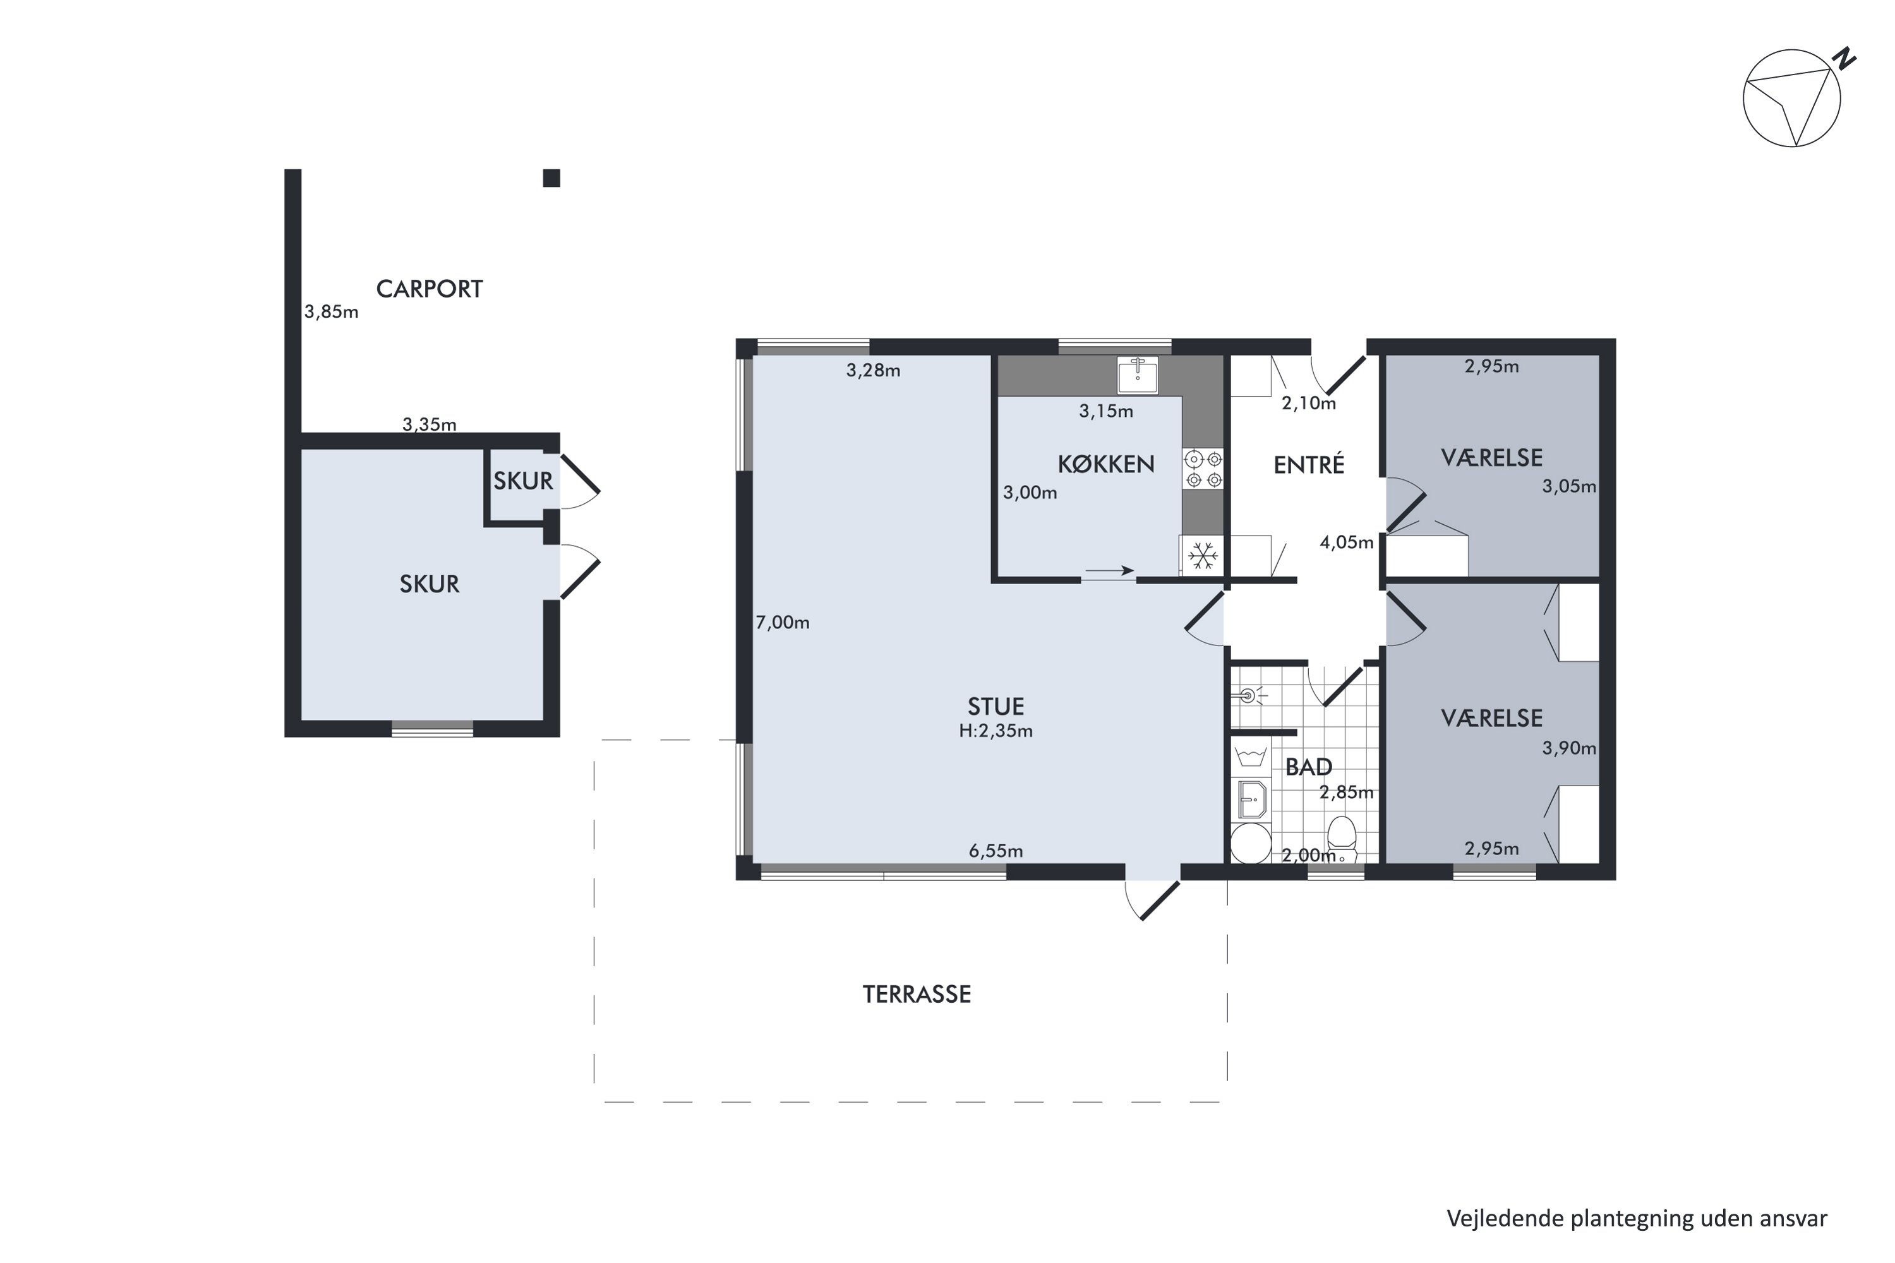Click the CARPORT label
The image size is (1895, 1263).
(x=430, y=289)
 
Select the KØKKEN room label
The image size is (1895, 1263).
(x=1106, y=464)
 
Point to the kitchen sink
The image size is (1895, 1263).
(x=1138, y=374)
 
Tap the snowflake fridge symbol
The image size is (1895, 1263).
(x=1203, y=556)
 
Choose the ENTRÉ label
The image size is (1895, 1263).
(x=1309, y=465)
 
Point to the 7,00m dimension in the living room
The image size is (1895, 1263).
(x=783, y=623)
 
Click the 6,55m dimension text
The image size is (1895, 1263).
(x=996, y=851)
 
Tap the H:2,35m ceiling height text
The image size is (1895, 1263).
(x=996, y=731)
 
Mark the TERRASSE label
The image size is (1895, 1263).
(x=917, y=995)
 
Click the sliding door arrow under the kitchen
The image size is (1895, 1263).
(x=1109, y=571)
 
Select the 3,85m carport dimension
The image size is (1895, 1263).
(x=331, y=312)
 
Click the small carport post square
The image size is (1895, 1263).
(x=551, y=178)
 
